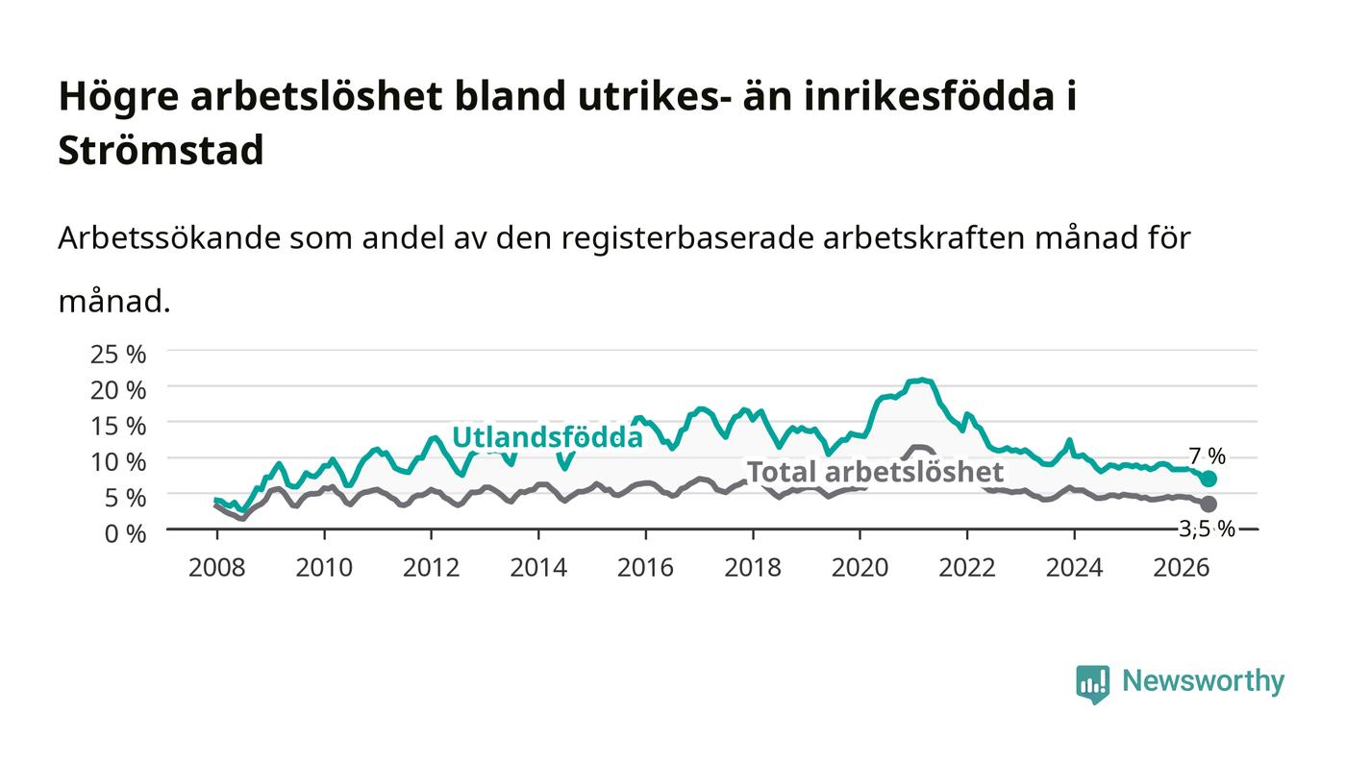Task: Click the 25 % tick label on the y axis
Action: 117,355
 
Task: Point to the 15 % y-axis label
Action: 117,426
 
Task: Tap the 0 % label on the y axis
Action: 125,533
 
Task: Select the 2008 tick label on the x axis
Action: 217,568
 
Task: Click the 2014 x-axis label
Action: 538,568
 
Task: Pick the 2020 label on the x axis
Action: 860,568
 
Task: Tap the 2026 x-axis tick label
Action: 1182,568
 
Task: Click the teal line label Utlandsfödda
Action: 547,437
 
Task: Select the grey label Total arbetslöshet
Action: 875,472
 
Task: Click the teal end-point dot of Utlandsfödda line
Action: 1209,479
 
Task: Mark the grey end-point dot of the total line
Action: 1209,504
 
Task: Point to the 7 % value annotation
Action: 1208,456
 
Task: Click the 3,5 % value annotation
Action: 1207,529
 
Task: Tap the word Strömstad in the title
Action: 162,150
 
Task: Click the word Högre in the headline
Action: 118,97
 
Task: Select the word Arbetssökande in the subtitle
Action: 169,238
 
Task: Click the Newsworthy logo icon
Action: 1092,684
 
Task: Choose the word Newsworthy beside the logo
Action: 1204,681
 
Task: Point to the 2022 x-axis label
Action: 967,568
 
